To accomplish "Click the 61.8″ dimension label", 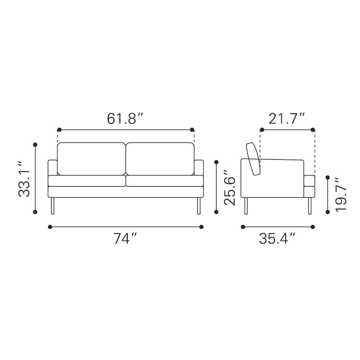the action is [125, 118].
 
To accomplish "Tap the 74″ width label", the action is [125, 239].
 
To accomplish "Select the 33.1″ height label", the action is [24, 179].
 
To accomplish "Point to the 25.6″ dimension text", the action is [230, 188].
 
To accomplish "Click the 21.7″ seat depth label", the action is [287, 118].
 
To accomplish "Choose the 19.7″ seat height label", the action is [341, 195].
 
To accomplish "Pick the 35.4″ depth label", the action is [277, 239].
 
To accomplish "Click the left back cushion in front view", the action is [91, 159].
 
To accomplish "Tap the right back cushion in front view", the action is [160, 159].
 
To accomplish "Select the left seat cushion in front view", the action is [87, 181].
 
